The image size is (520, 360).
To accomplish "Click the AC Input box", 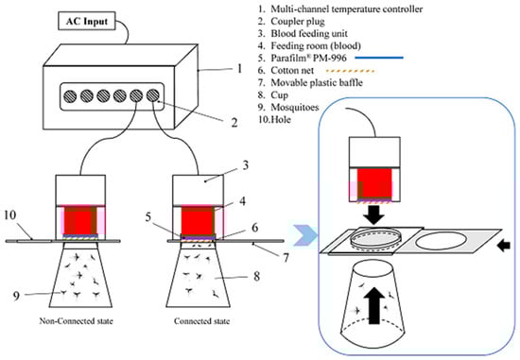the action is coord(87,21).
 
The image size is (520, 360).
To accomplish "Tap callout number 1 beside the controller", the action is coord(239,69).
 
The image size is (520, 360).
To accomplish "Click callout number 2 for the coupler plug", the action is coord(234,123).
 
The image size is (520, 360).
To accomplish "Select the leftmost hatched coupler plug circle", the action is coord(70,96).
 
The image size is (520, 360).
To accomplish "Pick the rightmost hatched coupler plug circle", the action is coord(153,95).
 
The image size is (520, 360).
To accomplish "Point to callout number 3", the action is coord(245,165).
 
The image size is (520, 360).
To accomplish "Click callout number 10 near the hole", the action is coord(10,215).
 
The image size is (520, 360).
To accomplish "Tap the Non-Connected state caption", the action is coord(77,321).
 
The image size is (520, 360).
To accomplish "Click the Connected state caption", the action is coord(201,321).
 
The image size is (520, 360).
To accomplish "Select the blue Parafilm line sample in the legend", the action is coord(379,58).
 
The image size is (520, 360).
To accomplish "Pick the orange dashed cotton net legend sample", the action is coord(350,71).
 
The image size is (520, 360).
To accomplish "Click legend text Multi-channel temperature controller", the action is coord(347,9).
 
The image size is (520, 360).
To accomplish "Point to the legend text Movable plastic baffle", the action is coord(317,82).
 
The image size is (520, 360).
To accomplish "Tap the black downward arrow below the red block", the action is coord(373,215).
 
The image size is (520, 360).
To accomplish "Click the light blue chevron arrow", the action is coord(304,235).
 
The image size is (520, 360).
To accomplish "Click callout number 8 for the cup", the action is coord(256,276).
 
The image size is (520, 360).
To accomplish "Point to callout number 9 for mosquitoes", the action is coord(16,296).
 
